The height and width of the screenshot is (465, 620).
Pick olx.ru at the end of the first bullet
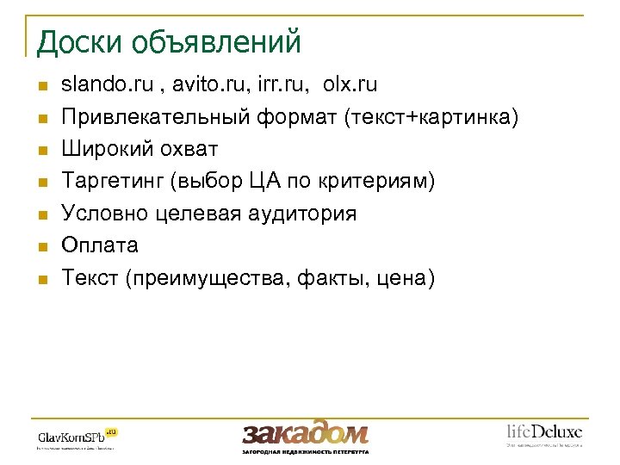(x=350, y=85)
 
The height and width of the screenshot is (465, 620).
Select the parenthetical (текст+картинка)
(x=431, y=117)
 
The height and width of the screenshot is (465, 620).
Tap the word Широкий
(x=103, y=149)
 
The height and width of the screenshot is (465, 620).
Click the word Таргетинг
(x=112, y=181)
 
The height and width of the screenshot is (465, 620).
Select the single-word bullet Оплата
(x=100, y=245)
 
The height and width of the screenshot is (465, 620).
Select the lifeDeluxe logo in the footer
(x=543, y=434)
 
